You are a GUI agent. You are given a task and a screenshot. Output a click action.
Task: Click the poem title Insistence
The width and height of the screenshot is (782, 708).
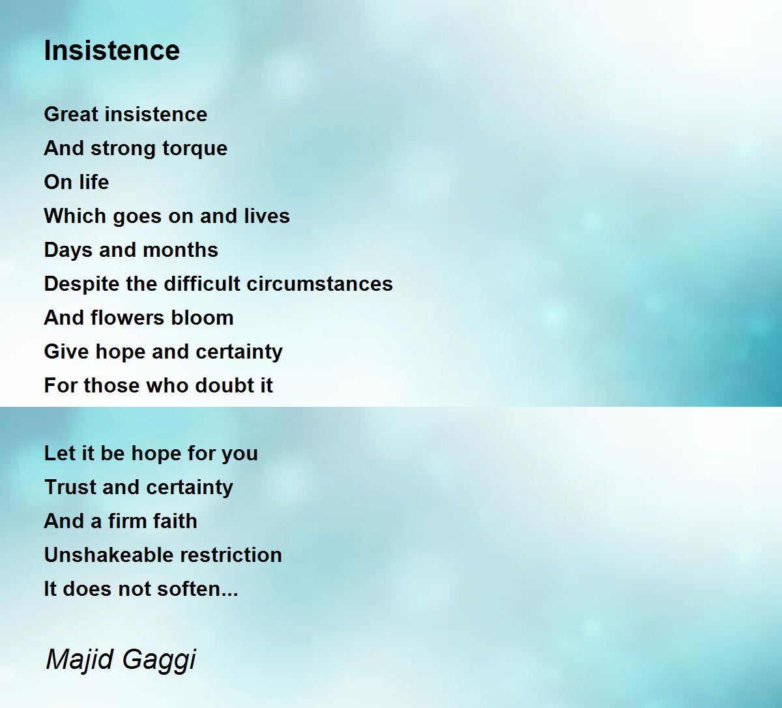pos(112,50)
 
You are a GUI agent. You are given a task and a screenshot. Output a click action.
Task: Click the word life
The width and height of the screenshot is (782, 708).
pos(93,182)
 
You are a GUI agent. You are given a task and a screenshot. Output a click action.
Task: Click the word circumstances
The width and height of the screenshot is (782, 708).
pos(320,284)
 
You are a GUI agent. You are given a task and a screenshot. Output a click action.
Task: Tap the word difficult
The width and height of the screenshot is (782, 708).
pos(202,284)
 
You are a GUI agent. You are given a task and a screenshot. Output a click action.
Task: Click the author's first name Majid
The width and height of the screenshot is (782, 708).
pos(80,660)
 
